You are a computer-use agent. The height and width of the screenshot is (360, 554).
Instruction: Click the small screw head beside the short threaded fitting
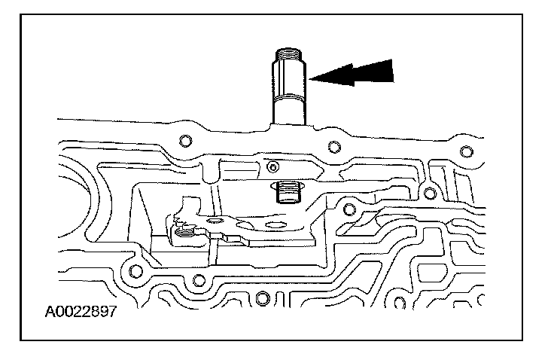(272, 166)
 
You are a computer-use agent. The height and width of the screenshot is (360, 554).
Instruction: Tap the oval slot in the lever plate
(275, 224)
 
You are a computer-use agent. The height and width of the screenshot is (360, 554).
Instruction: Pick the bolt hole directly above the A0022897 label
(135, 271)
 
